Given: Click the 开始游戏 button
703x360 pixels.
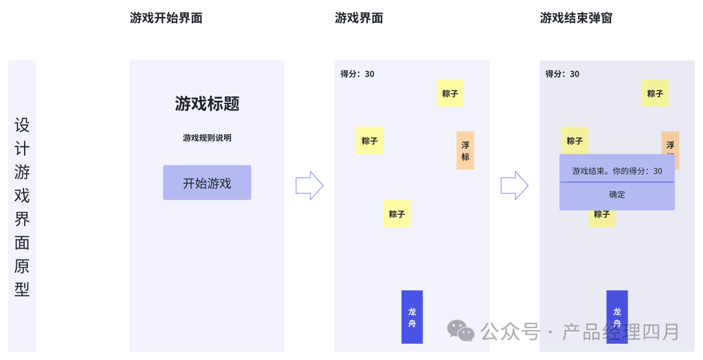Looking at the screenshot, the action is (x=207, y=182).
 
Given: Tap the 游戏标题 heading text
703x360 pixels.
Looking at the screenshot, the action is (x=207, y=104).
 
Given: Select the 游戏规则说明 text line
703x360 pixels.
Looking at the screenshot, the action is (x=207, y=137).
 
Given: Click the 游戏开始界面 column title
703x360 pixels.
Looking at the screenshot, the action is (x=166, y=18).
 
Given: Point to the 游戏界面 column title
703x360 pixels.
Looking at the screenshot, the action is (x=359, y=18).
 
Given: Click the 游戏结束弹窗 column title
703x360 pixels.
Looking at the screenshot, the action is (x=575, y=18).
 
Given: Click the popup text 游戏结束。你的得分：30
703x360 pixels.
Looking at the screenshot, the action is (x=617, y=171).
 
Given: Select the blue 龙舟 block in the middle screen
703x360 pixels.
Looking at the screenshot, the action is (x=412, y=317).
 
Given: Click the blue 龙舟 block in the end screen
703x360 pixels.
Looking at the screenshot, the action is (x=617, y=317).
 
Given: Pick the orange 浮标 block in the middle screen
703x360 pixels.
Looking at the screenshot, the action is (x=465, y=150).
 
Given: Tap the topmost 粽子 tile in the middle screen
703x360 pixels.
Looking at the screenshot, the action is (x=450, y=93).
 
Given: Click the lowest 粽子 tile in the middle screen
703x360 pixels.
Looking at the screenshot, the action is (x=397, y=214).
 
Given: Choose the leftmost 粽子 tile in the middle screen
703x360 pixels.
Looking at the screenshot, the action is (x=370, y=141).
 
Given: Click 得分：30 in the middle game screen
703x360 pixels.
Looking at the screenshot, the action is (x=357, y=74).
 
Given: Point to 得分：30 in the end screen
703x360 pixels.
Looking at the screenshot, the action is (x=562, y=74).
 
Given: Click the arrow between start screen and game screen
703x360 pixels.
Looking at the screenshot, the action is (x=309, y=185).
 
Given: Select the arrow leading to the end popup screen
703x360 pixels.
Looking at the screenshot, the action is (x=514, y=185).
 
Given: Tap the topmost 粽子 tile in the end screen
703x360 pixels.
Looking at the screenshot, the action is (x=655, y=93).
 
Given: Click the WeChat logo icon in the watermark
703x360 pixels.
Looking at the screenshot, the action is (x=461, y=331).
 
